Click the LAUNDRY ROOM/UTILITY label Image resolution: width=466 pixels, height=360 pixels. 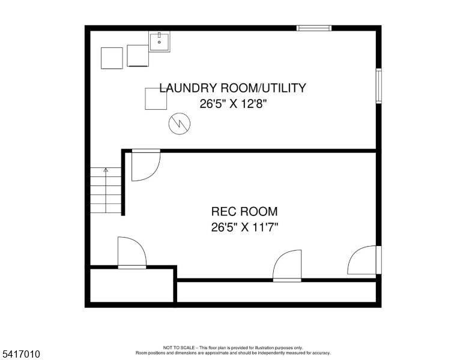[x=232, y=88]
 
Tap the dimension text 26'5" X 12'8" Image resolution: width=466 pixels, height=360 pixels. [x=232, y=103]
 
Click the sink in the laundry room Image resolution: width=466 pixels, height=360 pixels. [x=159, y=41]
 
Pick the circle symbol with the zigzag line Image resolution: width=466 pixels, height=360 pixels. [x=179, y=124]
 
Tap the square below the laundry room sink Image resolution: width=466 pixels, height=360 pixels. [x=156, y=99]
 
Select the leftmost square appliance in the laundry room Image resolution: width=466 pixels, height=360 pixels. [x=112, y=58]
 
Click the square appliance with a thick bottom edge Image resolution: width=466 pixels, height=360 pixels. [x=138, y=56]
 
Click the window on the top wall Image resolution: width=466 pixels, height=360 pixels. [x=314, y=28]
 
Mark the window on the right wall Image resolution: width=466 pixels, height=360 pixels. [x=378, y=85]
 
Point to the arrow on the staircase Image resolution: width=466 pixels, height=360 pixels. [x=106, y=170]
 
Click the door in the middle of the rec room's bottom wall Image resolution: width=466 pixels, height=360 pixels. [x=287, y=266]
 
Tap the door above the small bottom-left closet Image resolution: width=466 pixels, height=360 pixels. [x=132, y=253]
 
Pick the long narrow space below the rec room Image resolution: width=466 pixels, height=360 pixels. [x=276, y=292]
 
